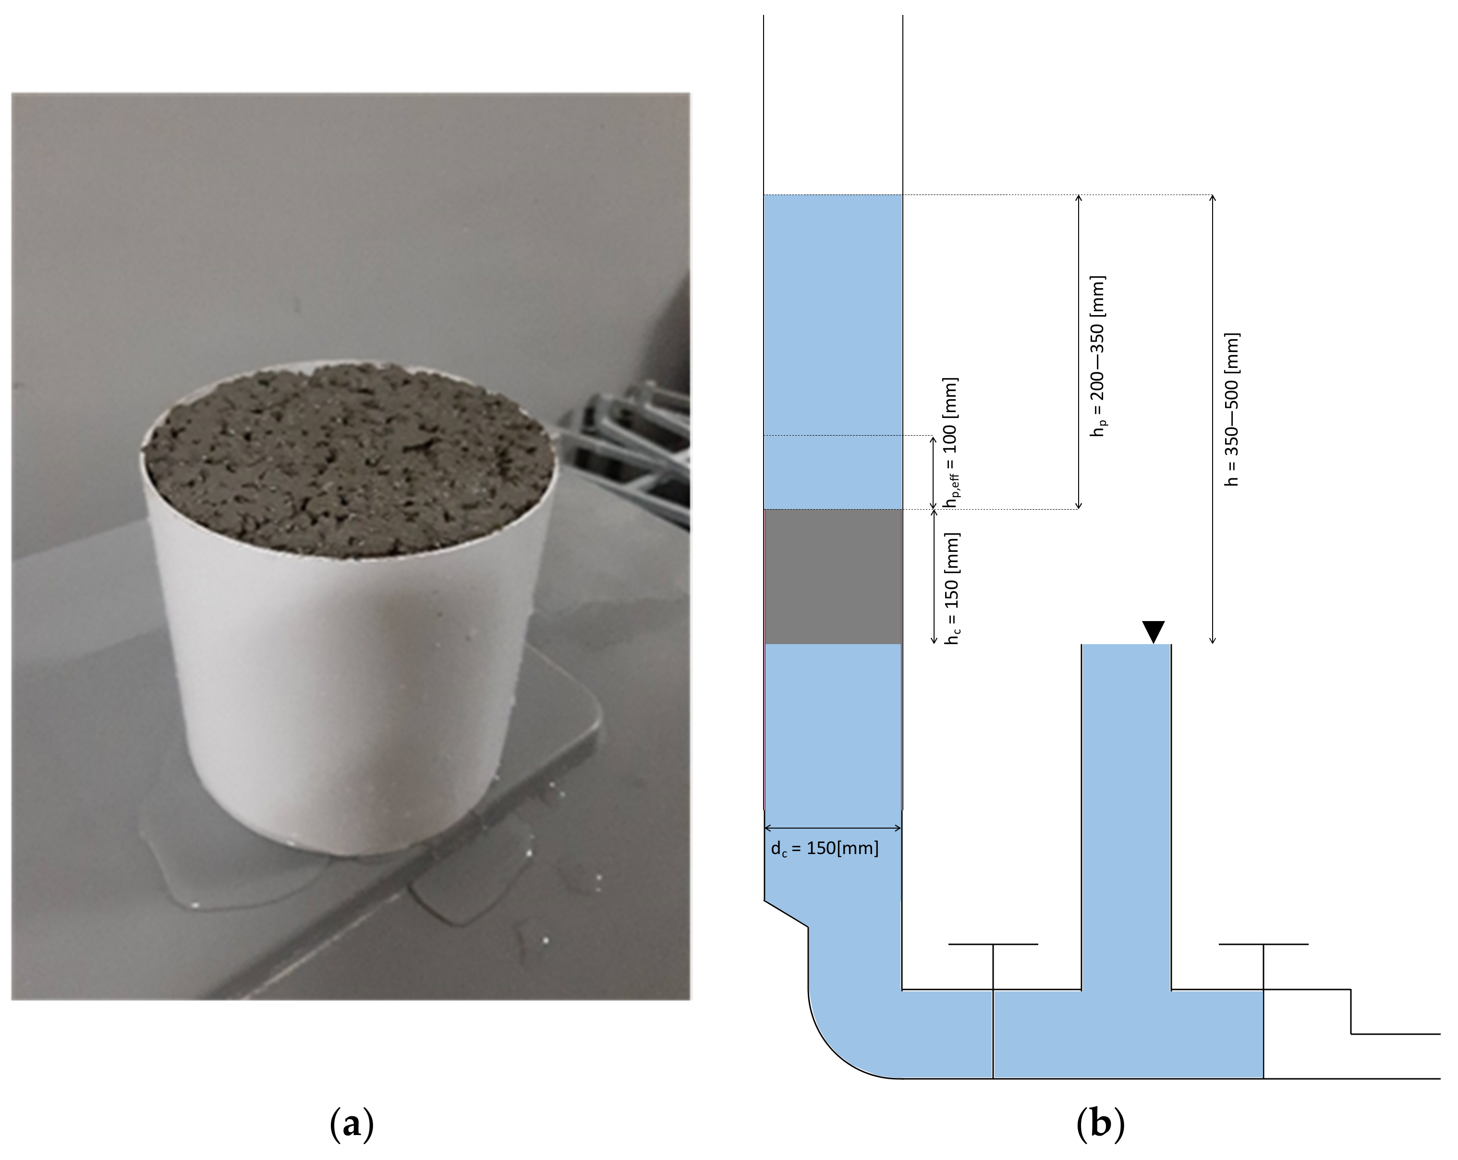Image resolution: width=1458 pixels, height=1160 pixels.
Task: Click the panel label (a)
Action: (352, 1123)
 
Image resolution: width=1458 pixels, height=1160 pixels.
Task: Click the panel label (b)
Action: (1100, 1123)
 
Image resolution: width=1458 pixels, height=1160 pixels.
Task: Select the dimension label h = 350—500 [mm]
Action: (1232, 409)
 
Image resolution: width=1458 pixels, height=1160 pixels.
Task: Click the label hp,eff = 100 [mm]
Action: (951, 442)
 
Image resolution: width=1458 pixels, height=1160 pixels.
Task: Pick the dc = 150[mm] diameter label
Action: (825, 848)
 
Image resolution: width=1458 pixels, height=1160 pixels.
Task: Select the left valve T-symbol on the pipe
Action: (993, 967)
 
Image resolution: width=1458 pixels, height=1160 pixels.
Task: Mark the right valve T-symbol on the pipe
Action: (1263, 967)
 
